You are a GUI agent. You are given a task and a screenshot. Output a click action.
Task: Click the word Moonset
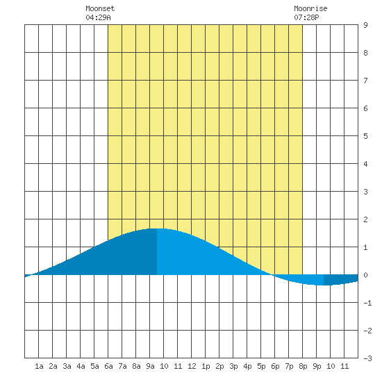[x=100, y=8]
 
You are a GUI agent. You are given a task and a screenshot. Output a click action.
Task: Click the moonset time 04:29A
[x=98, y=17]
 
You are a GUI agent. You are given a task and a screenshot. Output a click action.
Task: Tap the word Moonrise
[x=310, y=8]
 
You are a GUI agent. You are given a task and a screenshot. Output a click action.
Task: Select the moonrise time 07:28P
[x=306, y=17]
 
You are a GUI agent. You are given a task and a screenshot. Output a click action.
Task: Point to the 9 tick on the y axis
[x=365, y=25]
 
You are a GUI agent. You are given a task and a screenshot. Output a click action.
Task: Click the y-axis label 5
[x=365, y=136]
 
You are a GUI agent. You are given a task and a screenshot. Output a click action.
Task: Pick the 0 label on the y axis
[x=365, y=275]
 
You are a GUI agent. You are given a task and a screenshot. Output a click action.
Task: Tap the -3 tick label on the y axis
[x=367, y=358]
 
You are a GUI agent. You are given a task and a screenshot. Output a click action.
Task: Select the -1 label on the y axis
[x=367, y=303]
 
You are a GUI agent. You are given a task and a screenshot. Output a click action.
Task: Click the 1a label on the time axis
[x=39, y=366]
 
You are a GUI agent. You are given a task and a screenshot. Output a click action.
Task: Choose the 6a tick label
[x=108, y=366]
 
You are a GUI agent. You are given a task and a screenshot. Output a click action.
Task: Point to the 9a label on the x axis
[x=150, y=366]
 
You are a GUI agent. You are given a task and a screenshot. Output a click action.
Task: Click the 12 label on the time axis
[x=192, y=366]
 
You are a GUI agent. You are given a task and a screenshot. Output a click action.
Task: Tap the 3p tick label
[x=233, y=366]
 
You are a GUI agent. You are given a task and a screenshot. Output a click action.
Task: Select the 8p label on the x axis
[x=303, y=366]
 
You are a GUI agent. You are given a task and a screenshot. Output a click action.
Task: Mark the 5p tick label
[x=261, y=366]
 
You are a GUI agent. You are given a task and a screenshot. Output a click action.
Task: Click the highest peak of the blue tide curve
[x=157, y=229]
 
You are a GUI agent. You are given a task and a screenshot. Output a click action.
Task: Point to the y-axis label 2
[x=365, y=219]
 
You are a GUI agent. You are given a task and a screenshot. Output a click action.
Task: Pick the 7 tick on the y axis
[x=365, y=81]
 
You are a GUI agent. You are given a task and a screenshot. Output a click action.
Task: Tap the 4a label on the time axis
[x=81, y=366]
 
